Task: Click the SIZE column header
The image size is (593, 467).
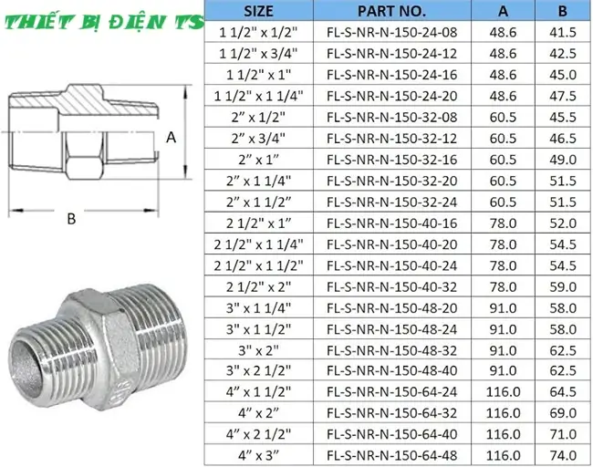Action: point(259,11)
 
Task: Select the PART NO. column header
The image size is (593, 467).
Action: point(391,11)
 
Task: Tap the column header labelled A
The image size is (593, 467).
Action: point(504,11)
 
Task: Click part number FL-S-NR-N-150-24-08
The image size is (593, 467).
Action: point(391,32)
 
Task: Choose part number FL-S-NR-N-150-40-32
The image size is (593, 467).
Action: point(391,286)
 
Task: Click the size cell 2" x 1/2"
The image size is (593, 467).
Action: point(259,117)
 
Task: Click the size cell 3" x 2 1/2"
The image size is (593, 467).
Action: point(259,370)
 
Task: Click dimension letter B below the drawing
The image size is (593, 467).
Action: point(70,219)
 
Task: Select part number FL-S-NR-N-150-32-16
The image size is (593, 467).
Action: point(391,160)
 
